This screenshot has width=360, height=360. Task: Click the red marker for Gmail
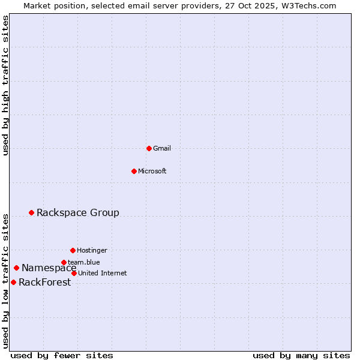pos(149,148)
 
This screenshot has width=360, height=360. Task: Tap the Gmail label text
pos(162,149)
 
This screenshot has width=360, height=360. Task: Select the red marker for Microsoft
pos(134,171)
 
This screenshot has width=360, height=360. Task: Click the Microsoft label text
pos(152,172)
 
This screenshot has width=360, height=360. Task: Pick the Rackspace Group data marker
pos(31,212)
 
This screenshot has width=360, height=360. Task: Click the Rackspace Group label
pos(78,213)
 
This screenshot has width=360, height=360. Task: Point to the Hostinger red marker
pos(73,250)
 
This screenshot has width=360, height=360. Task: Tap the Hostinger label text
pos(92,251)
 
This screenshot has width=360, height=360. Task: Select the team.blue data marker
pos(64,262)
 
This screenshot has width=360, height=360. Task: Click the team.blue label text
pos(84,262)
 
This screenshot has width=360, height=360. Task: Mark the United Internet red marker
pos(74,273)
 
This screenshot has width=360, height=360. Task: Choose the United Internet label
pos(103,274)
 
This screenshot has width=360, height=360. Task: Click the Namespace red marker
pos(16,268)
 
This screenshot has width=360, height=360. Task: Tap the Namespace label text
pos(49,268)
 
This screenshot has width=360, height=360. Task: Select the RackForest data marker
pos(13,282)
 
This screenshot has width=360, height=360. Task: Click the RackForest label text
pos(44,283)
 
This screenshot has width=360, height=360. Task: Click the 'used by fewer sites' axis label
pos(62,355)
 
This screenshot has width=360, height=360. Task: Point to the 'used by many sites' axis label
pos(301,355)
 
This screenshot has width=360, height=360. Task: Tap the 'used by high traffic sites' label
pos(5,85)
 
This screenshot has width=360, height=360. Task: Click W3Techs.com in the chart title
pos(307,5)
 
